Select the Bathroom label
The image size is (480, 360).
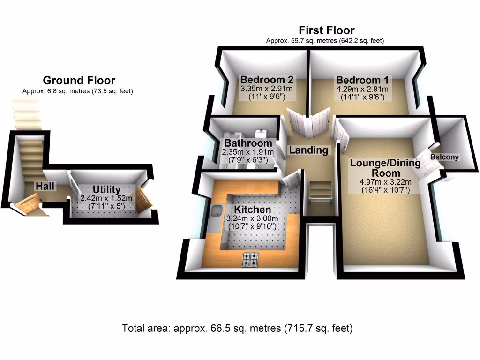point(248,143)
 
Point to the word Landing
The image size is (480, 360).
point(308,150)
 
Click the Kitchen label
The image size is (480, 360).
point(253,210)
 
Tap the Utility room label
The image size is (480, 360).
point(106,189)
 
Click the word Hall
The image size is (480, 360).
point(45,186)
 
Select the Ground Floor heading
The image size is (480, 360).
point(79,81)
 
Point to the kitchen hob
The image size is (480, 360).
point(249,259)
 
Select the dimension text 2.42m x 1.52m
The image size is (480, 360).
point(106,198)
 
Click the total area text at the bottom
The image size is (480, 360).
point(237,328)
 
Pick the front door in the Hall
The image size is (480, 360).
point(28,205)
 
